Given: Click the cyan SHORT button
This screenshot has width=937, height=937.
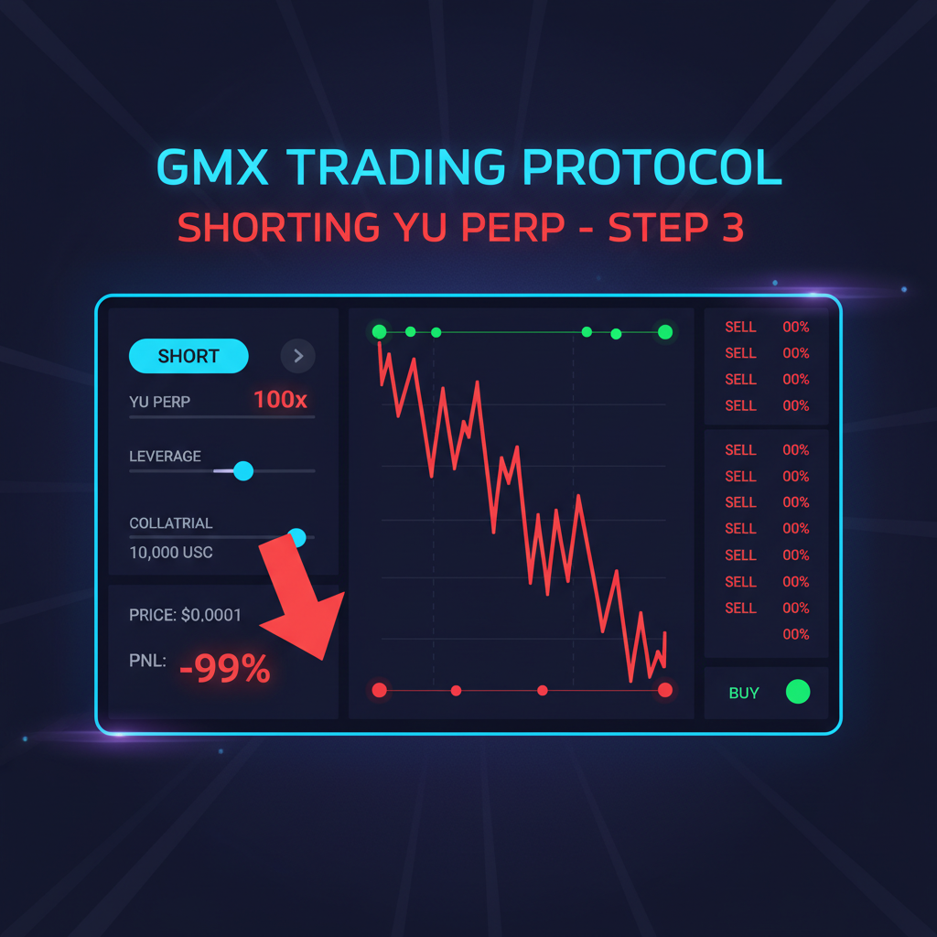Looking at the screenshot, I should click(188, 356).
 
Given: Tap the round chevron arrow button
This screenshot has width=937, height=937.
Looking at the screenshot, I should click(298, 356).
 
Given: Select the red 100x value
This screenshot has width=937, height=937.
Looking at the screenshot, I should click(281, 400).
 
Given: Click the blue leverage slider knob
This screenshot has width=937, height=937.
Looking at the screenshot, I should click(242, 470).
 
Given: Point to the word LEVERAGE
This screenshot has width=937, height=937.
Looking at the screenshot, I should click(165, 456).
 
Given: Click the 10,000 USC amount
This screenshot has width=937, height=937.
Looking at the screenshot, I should click(171, 553).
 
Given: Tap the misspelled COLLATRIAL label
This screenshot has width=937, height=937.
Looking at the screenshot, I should click(171, 523).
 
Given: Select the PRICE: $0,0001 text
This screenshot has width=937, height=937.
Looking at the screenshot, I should click(186, 615).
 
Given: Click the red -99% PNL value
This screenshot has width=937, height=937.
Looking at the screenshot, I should click(225, 669).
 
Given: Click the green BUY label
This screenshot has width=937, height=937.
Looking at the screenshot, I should click(744, 693).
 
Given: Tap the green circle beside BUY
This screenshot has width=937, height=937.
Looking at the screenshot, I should click(798, 692).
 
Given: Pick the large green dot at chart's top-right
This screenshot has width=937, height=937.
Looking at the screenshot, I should click(665, 332).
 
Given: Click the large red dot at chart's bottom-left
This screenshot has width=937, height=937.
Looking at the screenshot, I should click(380, 690).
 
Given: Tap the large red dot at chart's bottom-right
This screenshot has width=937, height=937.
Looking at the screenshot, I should click(665, 690).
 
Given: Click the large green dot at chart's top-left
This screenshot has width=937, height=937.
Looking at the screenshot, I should click(380, 332).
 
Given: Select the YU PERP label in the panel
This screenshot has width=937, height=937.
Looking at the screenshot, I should click(160, 402).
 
